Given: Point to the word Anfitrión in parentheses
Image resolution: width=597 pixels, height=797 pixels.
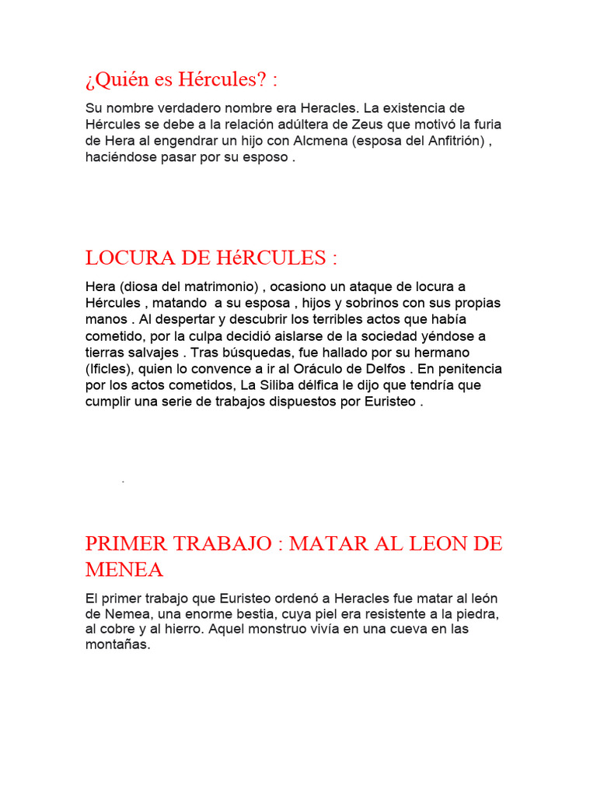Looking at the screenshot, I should point(450,141).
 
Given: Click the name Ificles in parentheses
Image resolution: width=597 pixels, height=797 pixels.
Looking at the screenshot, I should point(110,369).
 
